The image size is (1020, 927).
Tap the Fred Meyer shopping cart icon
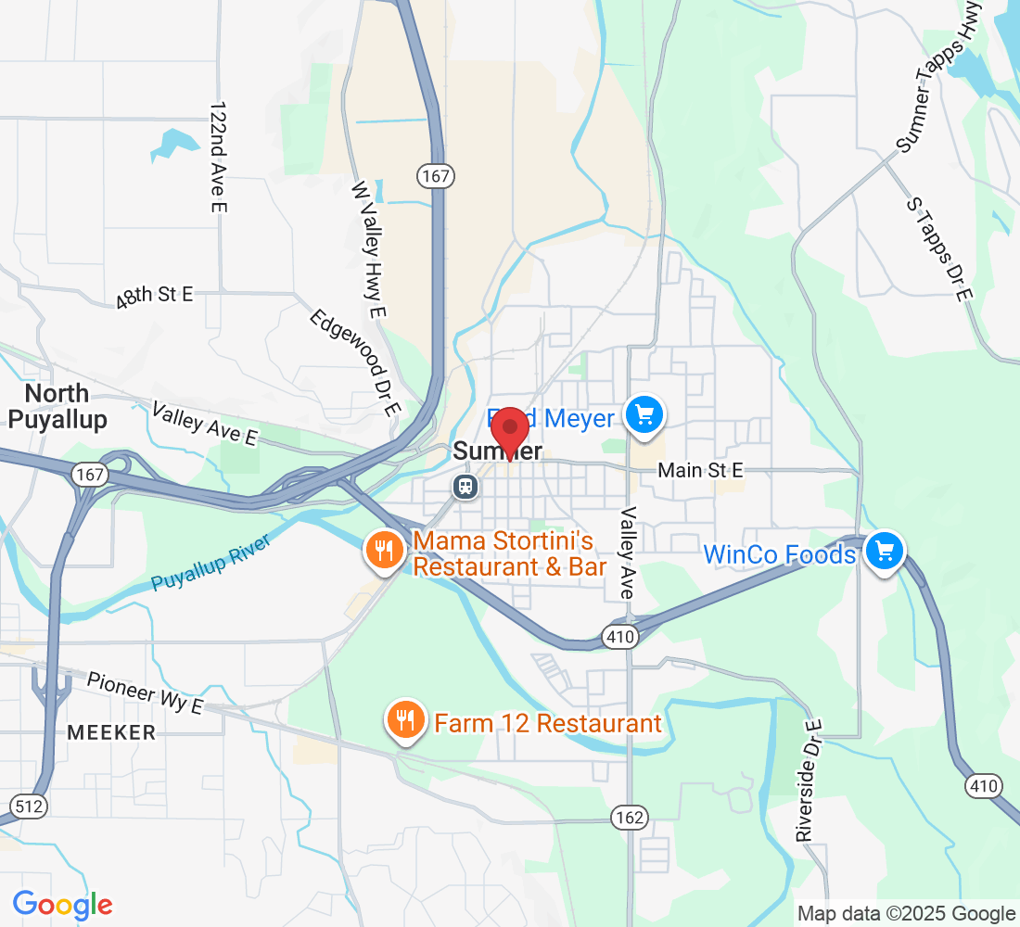pos(646,414)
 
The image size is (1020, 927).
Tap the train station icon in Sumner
pos(465,486)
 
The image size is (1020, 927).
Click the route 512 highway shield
pos(30,806)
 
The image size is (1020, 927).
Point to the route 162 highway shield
pos(630,817)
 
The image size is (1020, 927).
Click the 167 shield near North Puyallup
pos(90,475)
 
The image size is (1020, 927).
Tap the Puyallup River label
pos(211,564)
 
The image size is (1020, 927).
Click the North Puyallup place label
pos(57,406)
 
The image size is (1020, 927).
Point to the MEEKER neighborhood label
pos(111,732)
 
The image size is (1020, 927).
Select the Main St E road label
pos(700,471)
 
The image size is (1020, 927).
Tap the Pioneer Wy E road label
pos(145,692)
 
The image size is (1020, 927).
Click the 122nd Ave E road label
pos(218,158)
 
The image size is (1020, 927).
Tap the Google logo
pos(63,904)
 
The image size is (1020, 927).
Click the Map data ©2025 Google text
pos(906,914)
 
